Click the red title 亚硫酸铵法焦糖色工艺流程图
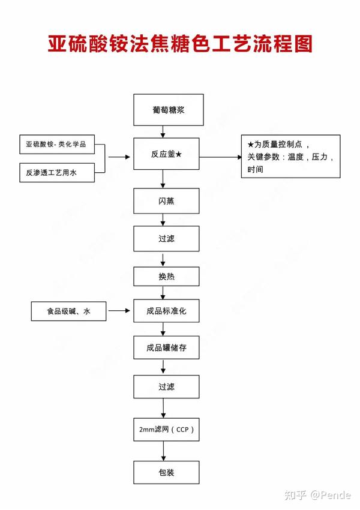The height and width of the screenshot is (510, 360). [x=180, y=44]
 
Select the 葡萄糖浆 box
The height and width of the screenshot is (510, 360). [x=169, y=110]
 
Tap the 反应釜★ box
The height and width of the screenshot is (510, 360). [x=166, y=154]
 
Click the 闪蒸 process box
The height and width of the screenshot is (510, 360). [x=166, y=201]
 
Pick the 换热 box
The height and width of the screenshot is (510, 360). [x=166, y=277]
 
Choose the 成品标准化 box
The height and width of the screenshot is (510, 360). [x=166, y=311]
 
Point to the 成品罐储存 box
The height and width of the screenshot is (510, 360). [x=166, y=347]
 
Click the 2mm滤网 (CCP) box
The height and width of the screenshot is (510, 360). [x=166, y=430]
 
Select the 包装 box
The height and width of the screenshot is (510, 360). [x=166, y=472]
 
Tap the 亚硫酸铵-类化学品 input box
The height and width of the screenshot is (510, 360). [x=57, y=145]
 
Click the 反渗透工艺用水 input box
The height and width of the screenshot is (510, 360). [x=57, y=173]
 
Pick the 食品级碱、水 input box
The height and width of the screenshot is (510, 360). [x=68, y=311]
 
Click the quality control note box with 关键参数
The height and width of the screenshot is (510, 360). [x=291, y=157]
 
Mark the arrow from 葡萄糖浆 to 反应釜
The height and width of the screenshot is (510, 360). [x=163, y=132]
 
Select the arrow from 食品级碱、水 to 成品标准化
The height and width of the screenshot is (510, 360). [x=119, y=311]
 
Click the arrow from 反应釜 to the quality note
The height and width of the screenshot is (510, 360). [x=221, y=157]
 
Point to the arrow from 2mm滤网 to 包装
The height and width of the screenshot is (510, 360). [x=163, y=451]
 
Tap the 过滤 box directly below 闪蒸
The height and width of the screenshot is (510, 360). [x=166, y=239]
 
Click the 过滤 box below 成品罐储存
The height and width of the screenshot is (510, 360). [x=166, y=387]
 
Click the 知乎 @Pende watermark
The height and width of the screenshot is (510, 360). [x=317, y=495]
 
